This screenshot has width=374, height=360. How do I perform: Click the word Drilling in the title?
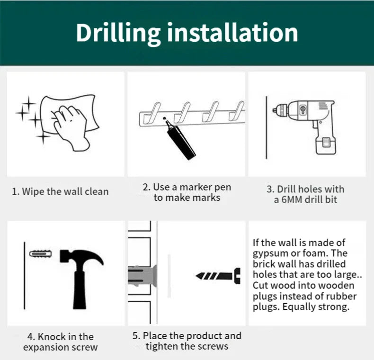coord(118,34)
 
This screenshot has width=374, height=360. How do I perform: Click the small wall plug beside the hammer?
coord(41,253)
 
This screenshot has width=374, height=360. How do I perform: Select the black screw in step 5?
coord(218,276)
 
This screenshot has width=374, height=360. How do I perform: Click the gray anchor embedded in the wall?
coord(142,276)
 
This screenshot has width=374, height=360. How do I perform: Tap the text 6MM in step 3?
coord(292,200)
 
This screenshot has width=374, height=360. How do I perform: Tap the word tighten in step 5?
coord(161,347)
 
